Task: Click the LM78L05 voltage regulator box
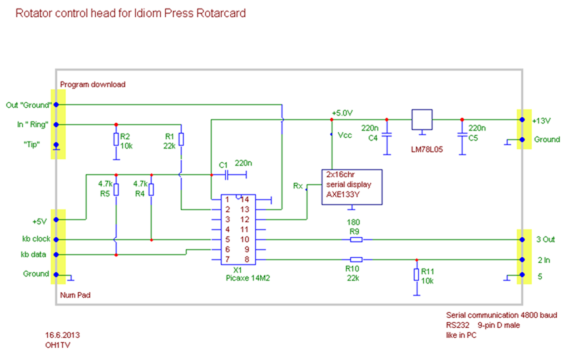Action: pyautogui.click(x=422, y=119)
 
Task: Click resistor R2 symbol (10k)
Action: pyautogui.click(x=116, y=139)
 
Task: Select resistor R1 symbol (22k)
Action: pyautogui.click(x=182, y=139)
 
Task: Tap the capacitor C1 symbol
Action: pyautogui.click(x=227, y=174)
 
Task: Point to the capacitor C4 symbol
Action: pyautogui.click(x=387, y=134)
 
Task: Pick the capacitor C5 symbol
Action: pyautogui.click(x=462, y=134)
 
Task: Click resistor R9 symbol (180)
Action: pyautogui.click(x=355, y=239)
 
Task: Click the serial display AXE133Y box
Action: pyautogui.click(x=351, y=187)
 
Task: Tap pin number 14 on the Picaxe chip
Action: pyautogui.click(x=244, y=199)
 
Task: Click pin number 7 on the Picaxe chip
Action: pyautogui.click(x=227, y=259)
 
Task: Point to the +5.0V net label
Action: pyautogui.click(x=343, y=113)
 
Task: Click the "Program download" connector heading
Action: pyautogui.click(x=93, y=84)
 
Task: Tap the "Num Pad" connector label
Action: pyautogui.click(x=76, y=293)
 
